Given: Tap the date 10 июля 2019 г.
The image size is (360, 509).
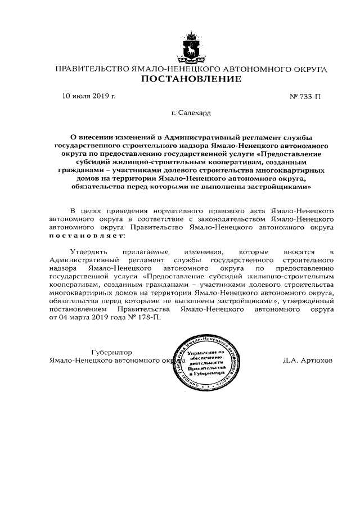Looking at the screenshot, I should coord(88,96).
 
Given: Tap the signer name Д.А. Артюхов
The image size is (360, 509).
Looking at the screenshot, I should coord(308,360).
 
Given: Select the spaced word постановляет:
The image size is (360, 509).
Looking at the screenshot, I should coord(85,237).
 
